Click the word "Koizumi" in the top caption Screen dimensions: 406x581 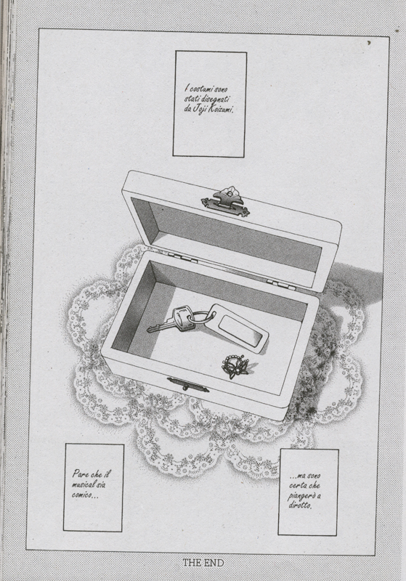pyautogui.click(x=220, y=110)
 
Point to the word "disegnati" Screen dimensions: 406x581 pyautogui.click(x=215, y=99)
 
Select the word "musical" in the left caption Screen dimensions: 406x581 pyautogui.click(x=83, y=484)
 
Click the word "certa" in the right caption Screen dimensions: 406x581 pyautogui.click(x=297, y=486)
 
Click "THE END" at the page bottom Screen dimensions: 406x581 pyautogui.click(x=203, y=564)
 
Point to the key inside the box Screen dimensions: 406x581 pyautogui.click(x=172, y=321)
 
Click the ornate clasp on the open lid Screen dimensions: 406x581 pyautogui.click(x=225, y=202)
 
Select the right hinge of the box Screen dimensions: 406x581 pyautogui.click(x=282, y=285)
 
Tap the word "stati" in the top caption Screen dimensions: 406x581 pyautogui.click(x=192, y=99)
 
